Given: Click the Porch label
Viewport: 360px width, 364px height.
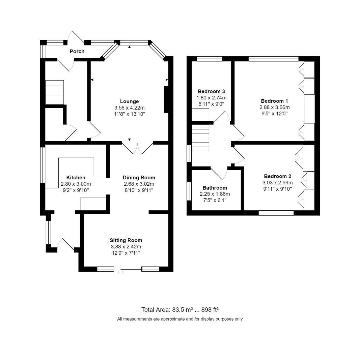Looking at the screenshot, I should pyautogui.click(x=77, y=52).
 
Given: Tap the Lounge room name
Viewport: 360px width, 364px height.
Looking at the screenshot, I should pyautogui.click(x=129, y=101).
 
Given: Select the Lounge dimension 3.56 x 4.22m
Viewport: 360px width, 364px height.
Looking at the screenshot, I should pyautogui.click(x=129, y=108).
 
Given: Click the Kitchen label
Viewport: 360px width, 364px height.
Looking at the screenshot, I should pyautogui.click(x=76, y=178).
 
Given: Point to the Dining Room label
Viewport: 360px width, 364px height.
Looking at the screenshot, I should pyautogui.click(x=139, y=178).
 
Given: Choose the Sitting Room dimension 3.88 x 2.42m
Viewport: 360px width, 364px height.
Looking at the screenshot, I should pyautogui.click(x=126, y=247).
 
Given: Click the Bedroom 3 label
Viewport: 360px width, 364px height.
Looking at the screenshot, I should pyautogui.click(x=211, y=91).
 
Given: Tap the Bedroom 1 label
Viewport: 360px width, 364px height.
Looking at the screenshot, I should pyautogui.click(x=274, y=101).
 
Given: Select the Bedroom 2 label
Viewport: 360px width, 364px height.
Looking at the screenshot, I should pyautogui.click(x=277, y=176).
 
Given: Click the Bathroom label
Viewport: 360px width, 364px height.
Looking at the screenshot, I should pyautogui.click(x=215, y=188).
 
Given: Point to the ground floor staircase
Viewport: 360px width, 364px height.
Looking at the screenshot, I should pyautogui.click(x=54, y=92).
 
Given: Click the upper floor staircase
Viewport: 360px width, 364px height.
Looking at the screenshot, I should pyautogui.click(x=200, y=138).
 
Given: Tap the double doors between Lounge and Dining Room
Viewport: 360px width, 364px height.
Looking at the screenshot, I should pyautogui.click(x=137, y=148).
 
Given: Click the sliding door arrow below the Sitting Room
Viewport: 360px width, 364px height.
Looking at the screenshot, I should pyautogui.click(x=120, y=272).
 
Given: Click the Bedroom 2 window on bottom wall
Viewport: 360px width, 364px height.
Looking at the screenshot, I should pyautogui.click(x=276, y=213).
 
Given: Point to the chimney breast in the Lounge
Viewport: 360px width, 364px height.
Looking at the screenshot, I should pyautogui.click(x=166, y=99).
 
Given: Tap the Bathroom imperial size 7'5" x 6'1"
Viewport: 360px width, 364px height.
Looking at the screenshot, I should pyautogui.click(x=215, y=200).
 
